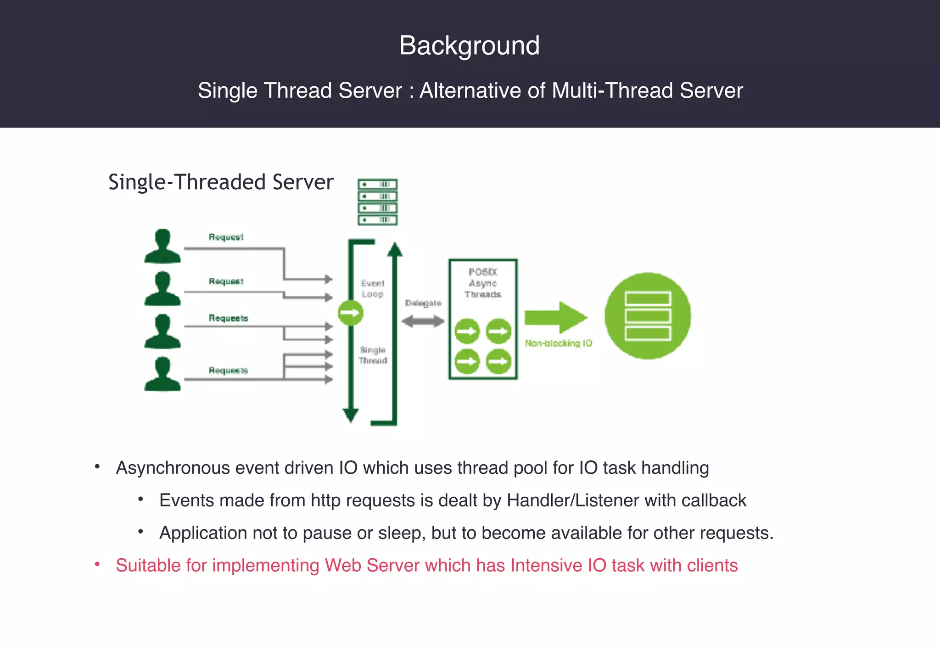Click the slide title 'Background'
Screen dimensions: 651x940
coord(469,45)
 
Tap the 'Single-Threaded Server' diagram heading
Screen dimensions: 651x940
coord(221,182)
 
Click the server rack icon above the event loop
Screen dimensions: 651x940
coord(377,202)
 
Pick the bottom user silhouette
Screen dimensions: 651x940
coord(162,374)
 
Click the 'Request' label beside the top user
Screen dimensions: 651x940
coord(226,237)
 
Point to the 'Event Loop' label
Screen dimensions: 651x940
coord(372,289)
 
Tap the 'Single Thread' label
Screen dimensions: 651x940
coord(373,355)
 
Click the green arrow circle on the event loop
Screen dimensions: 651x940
coord(351,313)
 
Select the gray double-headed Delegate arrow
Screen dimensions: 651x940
coord(423,321)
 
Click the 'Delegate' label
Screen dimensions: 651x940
coord(423,303)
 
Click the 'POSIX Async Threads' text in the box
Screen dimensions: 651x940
coord(483,283)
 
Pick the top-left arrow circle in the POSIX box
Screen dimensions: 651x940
coord(467,331)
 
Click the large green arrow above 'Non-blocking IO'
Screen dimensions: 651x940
coord(556,317)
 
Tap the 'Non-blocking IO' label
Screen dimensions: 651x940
coord(559,343)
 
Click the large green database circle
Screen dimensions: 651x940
coord(648,316)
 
